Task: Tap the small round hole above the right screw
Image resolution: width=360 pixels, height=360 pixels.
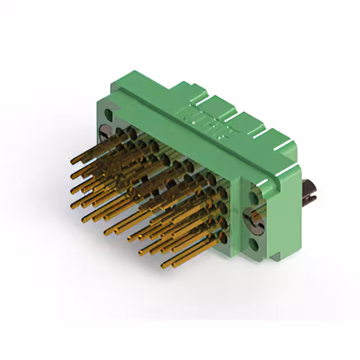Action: (x=254, y=196)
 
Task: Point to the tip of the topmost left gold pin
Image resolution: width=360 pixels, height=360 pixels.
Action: (x=73, y=162)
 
